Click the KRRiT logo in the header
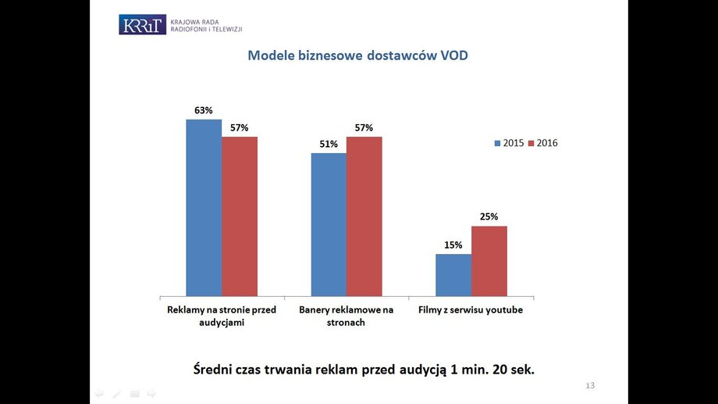pos(142,24)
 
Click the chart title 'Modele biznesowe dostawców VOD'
pos(357,55)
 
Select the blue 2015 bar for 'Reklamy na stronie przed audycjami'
pos(204,208)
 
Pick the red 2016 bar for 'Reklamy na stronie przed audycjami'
pos(240,216)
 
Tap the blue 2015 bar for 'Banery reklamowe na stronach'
pos(329,225)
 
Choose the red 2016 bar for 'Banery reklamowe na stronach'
pos(364,216)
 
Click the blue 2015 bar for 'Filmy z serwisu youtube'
pos(453,275)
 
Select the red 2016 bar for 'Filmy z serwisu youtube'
pos(489,261)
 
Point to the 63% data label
pos(204,110)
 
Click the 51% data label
pos(329,145)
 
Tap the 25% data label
pos(489,217)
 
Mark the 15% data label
pos(453,245)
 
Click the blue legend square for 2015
pos(497,144)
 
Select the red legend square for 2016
pos(531,144)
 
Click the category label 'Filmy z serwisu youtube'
pos(471,310)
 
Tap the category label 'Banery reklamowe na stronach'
pos(347,316)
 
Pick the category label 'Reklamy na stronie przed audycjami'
pos(222,316)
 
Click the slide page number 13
pos(590,386)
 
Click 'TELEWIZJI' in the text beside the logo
pos(226,29)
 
